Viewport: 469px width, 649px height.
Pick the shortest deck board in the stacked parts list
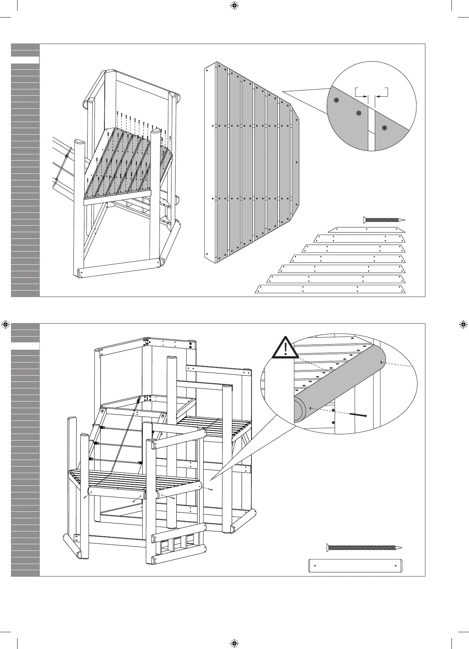(366, 230)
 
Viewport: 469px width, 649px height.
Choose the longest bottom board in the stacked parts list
(330, 289)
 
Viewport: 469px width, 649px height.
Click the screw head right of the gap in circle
(384, 128)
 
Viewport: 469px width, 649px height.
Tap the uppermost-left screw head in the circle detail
(336, 100)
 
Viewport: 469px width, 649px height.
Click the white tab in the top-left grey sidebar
(25, 60)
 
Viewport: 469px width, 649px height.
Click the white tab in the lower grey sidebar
(25, 346)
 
